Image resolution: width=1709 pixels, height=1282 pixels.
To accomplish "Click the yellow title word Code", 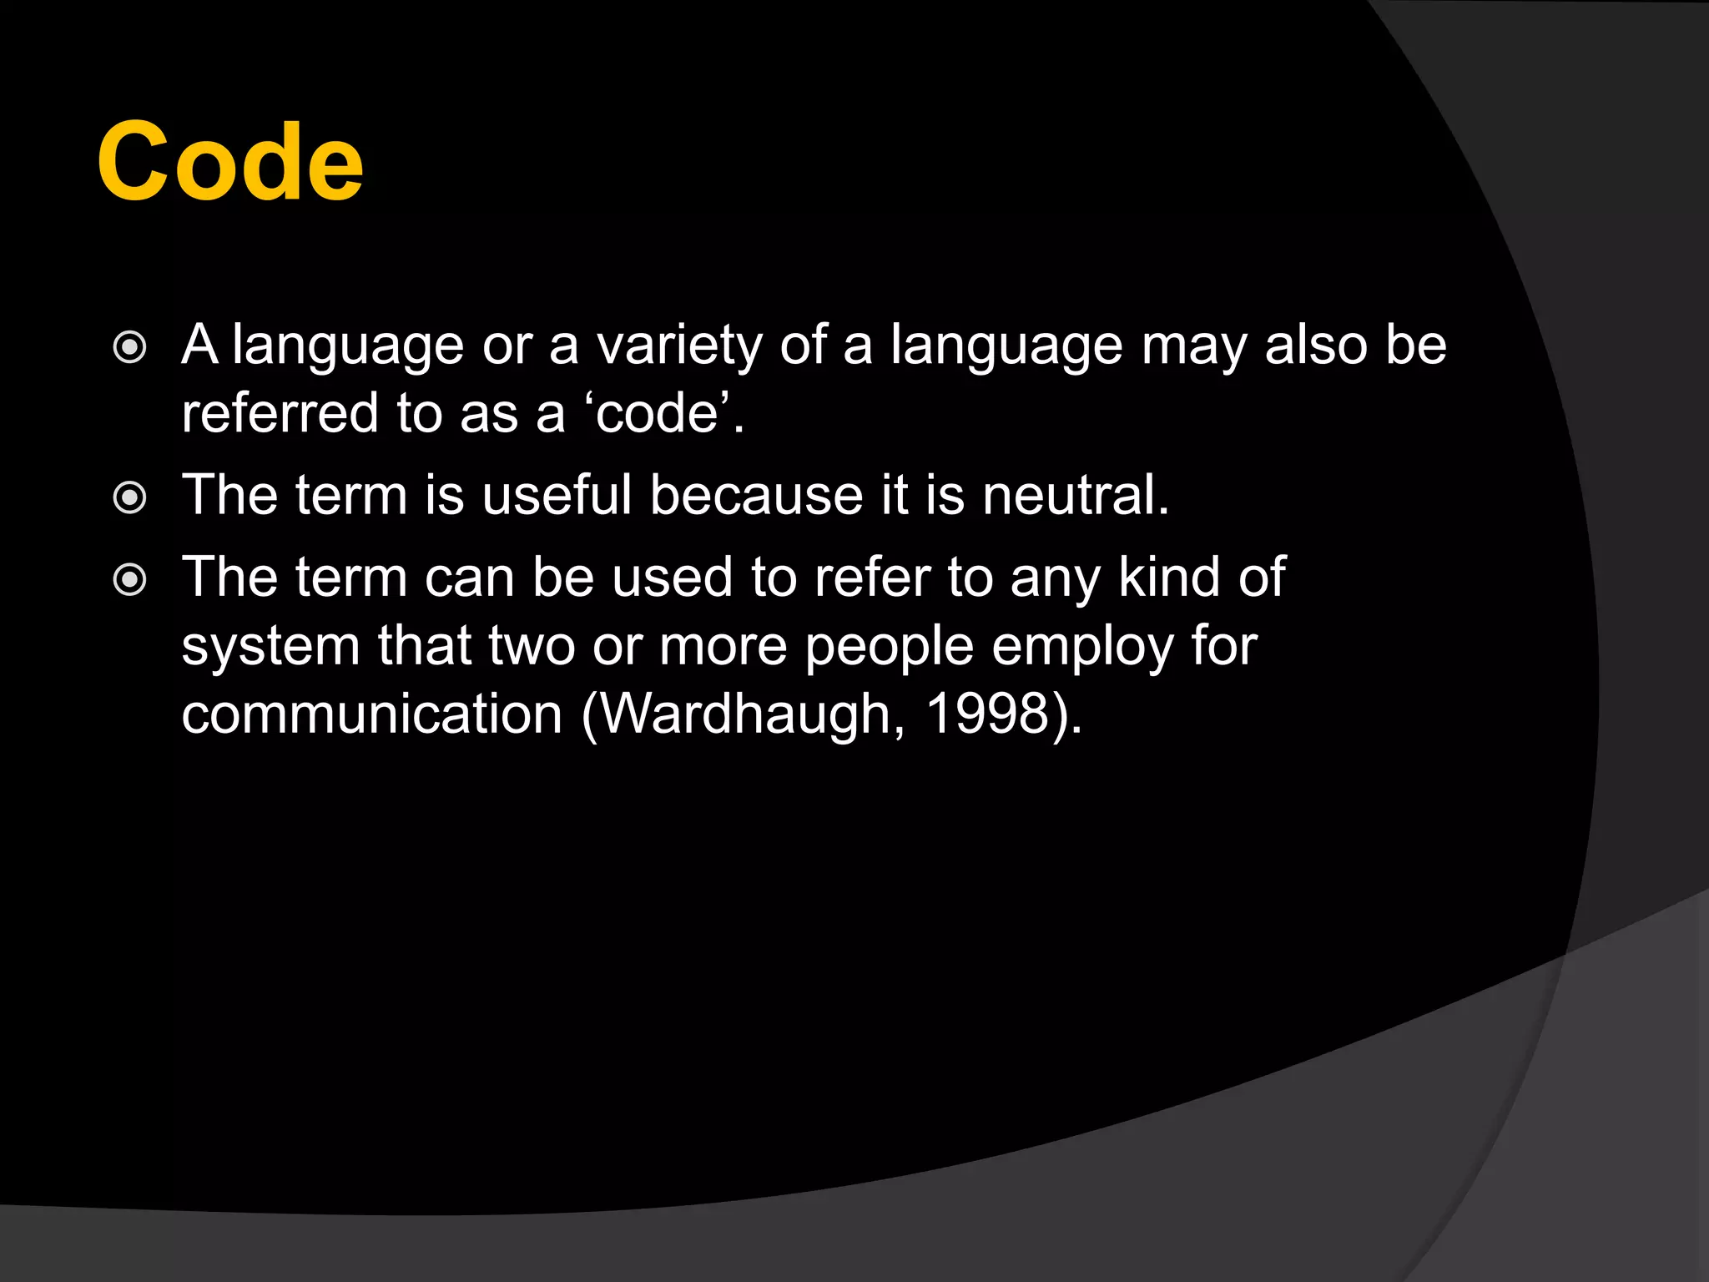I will (230, 162).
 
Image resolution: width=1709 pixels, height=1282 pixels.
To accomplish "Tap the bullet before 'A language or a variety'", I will (130, 347).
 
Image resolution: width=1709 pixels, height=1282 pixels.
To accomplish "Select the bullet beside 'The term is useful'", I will (130, 498).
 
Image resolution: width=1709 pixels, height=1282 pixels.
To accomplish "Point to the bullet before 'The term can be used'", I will (130, 579).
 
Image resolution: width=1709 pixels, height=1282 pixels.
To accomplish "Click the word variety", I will (678, 346).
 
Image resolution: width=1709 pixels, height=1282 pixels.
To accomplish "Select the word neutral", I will (1075, 495).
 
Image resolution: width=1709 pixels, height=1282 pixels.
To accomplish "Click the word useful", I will (557, 495).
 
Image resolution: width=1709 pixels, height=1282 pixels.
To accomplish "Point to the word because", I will (756, 495).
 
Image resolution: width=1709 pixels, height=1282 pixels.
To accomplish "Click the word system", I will (270, 646).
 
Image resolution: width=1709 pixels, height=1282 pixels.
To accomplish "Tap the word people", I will (889, 648).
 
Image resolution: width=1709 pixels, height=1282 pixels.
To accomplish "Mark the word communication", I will (372, 714).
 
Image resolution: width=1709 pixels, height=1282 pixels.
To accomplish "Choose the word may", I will (1193, 347).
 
